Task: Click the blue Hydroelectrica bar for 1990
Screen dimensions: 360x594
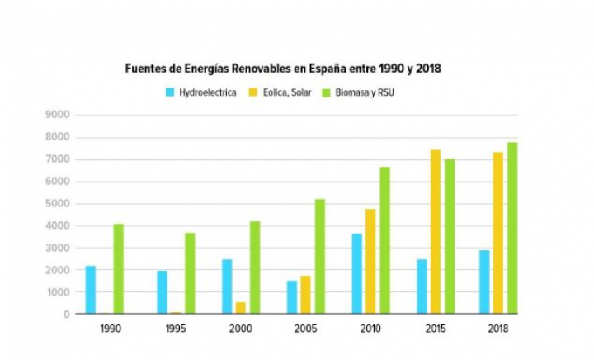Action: (x=90, y=290)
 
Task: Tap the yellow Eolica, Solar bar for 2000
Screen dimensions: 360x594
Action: (x=241, y=308)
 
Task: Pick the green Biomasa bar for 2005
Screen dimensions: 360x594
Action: (x=320, y=257)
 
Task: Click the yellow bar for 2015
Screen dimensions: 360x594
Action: (x=436, y=232)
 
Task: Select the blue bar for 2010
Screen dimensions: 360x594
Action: (x=357, y=274)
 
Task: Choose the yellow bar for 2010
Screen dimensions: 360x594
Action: (x=370, y=262)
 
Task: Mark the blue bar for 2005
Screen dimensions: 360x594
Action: (x=292, y=297)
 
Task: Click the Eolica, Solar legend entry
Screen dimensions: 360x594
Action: (x=285, y=92)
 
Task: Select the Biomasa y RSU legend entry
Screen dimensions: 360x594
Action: (x=362, y=92)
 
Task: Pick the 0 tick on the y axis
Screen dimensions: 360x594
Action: (x=65, y=315)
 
